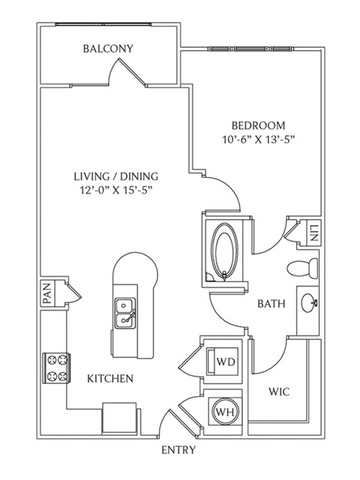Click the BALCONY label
coord(108,49)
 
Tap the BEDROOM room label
coord(258,125)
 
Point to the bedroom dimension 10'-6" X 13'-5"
coord(258,140)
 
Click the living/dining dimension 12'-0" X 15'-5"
coord(116,190)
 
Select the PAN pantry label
coord(46,293)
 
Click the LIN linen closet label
coord(314,233)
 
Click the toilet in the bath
coord(302,268)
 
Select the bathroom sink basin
coord(309,303)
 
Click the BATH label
coord(271,304)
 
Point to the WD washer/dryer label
coord(226,361)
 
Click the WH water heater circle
coord(225,412)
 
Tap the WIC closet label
coord(279,391)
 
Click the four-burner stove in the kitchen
coord(57,368)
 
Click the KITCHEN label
coord(110,379)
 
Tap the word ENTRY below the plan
coord(178,450)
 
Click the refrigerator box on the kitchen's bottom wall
coord(119,418)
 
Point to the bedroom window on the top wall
coord(251,49)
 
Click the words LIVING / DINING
coord(116,176)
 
